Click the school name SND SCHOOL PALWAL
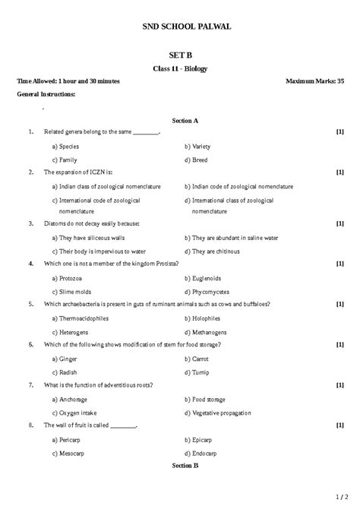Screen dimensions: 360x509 187,27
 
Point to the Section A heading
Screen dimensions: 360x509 185,120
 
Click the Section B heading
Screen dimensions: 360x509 185,464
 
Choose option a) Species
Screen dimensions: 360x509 65,145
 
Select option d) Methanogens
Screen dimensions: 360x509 210,332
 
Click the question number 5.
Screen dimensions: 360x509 30,304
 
